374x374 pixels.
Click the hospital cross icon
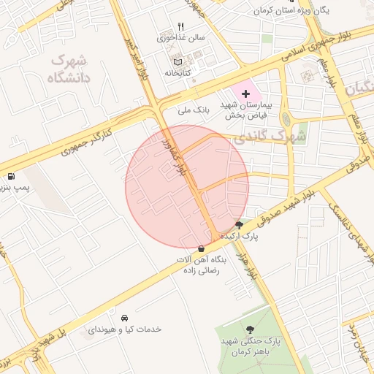245,93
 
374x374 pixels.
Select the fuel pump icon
11,176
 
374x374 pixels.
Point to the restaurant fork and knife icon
170,26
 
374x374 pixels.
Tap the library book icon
175,61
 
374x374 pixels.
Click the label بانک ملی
194,110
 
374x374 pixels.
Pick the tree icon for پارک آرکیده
239,224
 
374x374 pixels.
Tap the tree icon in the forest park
251,330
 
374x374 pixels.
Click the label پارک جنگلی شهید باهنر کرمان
252,346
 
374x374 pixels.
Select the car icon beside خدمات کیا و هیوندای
125,318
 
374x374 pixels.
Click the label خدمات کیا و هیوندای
125,329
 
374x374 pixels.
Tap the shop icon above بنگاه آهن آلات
201,248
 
